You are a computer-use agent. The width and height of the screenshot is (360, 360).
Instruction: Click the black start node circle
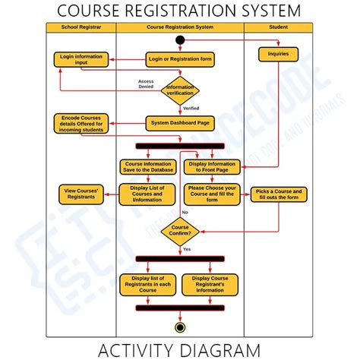[x=179, y=39]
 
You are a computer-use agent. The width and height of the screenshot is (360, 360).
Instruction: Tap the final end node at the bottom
[x=180, y=327]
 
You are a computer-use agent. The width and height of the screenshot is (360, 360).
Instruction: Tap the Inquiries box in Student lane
[x=277, y=54]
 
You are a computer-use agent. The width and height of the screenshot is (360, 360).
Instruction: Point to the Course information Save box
[x=147, y=166]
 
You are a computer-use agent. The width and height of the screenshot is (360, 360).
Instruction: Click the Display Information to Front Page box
[x=212, y=166]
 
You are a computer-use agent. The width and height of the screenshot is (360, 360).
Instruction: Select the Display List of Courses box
[x=147, y=194]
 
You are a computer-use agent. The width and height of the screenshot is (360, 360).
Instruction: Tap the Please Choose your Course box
[x=212, y=194]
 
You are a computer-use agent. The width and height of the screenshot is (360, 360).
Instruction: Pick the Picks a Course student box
[x=278, y=195]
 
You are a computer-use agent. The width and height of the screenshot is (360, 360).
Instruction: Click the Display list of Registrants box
[x=147, y=284]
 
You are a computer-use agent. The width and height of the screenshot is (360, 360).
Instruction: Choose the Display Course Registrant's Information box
[x=212, y=284]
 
